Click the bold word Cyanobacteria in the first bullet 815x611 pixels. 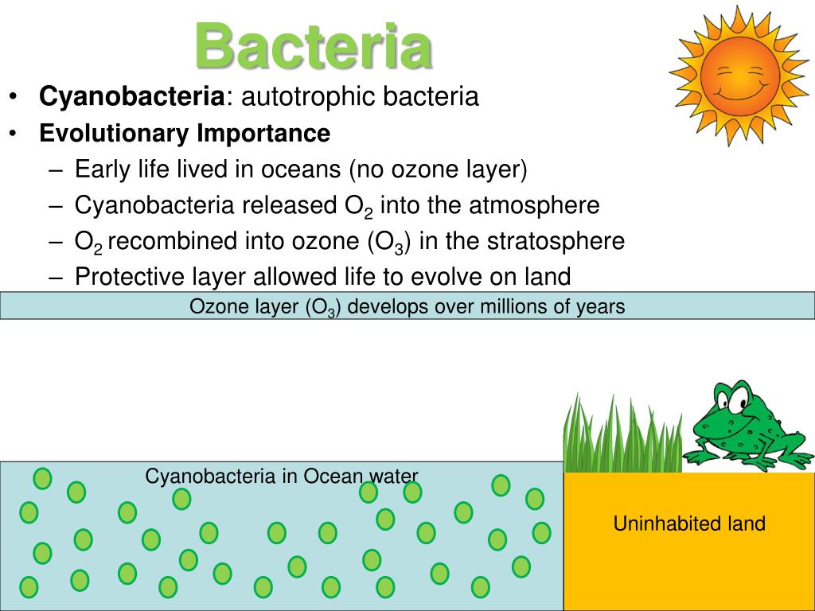click(x=132, y=97)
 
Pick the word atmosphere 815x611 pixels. click(x=532, y=205)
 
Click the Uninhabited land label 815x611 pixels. click(x=689, y=523)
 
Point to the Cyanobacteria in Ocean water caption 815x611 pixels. click(x=281, y=476)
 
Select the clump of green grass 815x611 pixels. click(x=621, y=434)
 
